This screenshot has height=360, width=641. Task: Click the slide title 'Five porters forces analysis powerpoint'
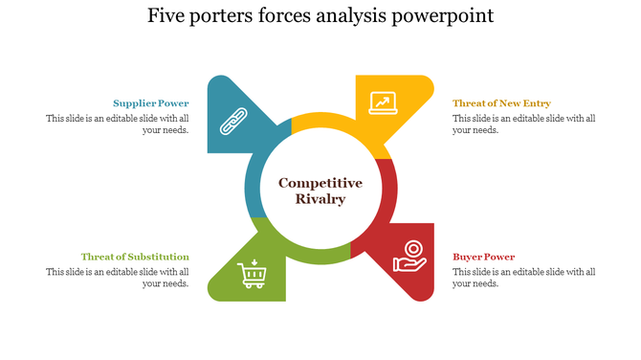(320, 16)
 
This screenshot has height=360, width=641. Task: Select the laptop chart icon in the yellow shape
(383, 102)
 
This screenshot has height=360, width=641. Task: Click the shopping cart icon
(253, 274)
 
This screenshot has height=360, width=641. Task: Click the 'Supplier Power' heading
(151, 103)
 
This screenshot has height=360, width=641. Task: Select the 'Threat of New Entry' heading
(501, 103)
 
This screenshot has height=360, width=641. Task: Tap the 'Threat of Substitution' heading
(135, 257)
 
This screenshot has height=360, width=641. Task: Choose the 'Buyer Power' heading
(483, 257)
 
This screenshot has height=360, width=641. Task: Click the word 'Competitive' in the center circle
(320, 183)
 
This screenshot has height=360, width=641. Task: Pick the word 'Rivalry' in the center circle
(320, 199)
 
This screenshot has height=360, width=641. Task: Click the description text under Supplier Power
(118, 124)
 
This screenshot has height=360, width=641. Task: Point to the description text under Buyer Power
(524, 278)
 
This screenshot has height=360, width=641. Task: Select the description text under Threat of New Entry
(524, 124)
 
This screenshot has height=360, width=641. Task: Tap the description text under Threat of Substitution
(118, 278)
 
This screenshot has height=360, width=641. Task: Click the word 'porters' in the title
(227, 16)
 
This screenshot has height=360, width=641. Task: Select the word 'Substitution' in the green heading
(159, 257)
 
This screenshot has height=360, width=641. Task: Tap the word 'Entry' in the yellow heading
(537, 103)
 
